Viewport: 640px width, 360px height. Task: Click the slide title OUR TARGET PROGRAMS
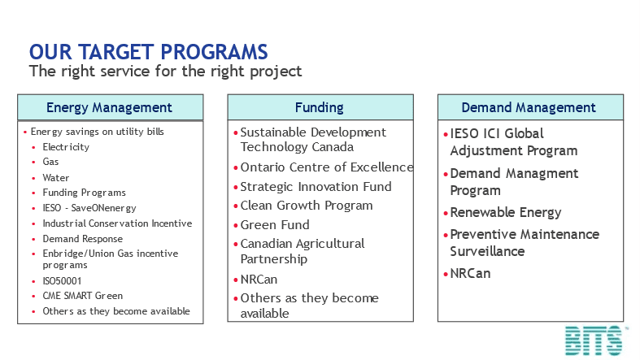149,52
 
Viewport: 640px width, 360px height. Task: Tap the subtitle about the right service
165,72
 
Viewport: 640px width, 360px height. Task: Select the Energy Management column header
111,107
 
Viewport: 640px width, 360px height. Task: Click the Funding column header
320,107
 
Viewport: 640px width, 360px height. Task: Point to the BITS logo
594,340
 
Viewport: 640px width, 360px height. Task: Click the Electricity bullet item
66,147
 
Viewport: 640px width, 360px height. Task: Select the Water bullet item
56,178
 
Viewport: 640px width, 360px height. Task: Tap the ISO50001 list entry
62,281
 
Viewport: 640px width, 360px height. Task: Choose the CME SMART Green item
83,296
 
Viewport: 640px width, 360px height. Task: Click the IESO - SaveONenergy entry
89,208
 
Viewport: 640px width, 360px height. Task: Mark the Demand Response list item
83,238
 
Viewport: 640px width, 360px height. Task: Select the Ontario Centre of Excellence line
327,167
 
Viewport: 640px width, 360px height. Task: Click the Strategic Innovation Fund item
316,187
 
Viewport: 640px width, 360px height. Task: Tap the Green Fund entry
275,224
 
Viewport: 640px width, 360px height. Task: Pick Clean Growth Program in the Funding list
307,206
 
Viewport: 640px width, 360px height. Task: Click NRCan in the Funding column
259,280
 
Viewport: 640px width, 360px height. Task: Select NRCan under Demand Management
470,273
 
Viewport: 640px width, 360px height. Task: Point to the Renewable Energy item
506,212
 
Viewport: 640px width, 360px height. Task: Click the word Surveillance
487,251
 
